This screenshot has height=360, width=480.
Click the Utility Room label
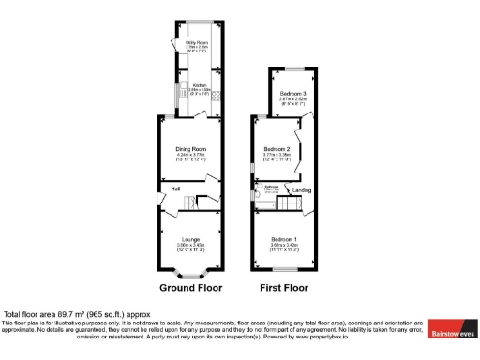(195, 42)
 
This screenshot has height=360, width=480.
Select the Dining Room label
(190, 149)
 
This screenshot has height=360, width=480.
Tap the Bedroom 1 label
(282, 238)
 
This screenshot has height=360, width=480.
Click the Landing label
(303, 191)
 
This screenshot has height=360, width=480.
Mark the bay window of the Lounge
(191, 275)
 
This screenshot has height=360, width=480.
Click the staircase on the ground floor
(198, 202)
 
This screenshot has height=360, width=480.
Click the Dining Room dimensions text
(190, 157)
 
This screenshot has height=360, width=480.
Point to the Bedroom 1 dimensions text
(282, 247)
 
